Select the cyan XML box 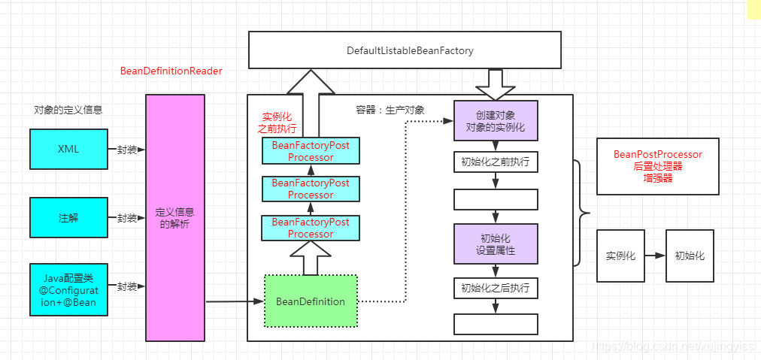pyautogui.click(x=68, y=149)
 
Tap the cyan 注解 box pyautogui.click(x=68, y=218)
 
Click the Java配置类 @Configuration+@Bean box pyautogui.click(x=68, y=289)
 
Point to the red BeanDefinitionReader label pyautogui.click(x=171, y=71)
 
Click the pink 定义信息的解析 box pyautogui.click(x=174, y=218)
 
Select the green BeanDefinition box pyautogui.click(x=311, y=301)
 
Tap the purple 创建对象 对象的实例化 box pyautogui.click(x=496, y=121)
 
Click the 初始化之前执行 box pyautogui.click(x=496, y=162)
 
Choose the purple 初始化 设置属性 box pyautogui.click(x=496, y=244)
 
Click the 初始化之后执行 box pyautogui.click(x=496, y=288)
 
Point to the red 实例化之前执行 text pyautogui.click(x=277, y=123)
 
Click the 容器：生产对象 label pyautogui.click(x=390, y=110)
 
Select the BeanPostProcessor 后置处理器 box pyautogui.click(x=657, y=166)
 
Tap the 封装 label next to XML pyautogui.click(x=126, y=149)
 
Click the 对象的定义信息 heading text pyautogui.click(x=68, y=110)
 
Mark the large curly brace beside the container pyautogui.click(x=581, y=213)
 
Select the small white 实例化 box pyautogui.click(x=620, y=256)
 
